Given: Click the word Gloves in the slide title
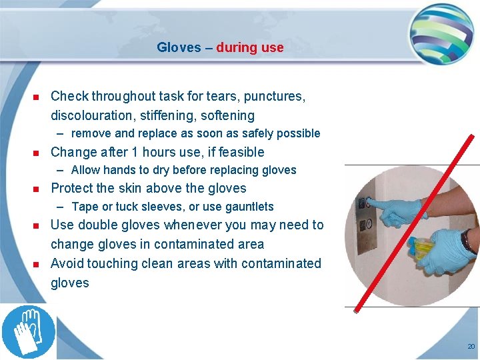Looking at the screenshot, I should pos(178,47).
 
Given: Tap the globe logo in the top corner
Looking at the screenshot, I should pos(441,31).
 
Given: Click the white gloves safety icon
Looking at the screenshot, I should pos(28,331).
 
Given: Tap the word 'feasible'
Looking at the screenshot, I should pos(239,152).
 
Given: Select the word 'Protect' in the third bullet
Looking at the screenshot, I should pos(72,188).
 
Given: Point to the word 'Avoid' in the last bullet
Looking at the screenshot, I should pos(67,263).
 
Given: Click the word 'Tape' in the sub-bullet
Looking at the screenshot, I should pos(85,207).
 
